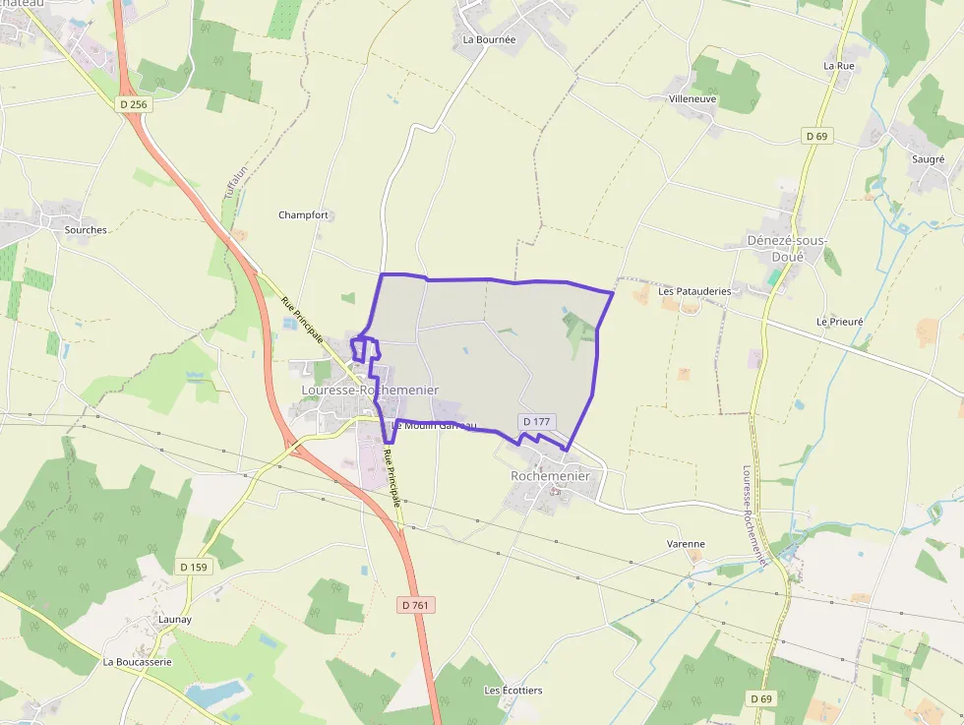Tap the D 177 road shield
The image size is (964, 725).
pyautogui.click(x=537, y=421)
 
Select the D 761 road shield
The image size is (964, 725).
pyautogui.click(x=417, y=605)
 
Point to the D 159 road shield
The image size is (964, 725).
pyautogui.click(x=195, y=567)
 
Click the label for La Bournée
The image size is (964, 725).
pyautogui.click(x=489, y=40)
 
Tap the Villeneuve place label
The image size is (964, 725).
pyautogui.click(x=693, y=99)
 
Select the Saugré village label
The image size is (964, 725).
pyautogui.click(x=928, y=158)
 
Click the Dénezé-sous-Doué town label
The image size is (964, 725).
pyautogui.click(x=787, y=248)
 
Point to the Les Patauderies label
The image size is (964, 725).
pyautogui.click(x=694, y=291)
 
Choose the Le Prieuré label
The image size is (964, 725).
pyautogui.click(x=839, y=322)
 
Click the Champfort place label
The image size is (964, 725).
pyautogui.click(x=303, y=214)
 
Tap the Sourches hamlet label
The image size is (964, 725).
pyautogui.click(x=86, y=229)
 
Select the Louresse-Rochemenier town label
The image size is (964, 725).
pyautogui.click(x=369, y=391)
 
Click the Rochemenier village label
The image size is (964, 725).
pyautogui.click(x=550, y=476)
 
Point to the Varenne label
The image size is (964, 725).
pyautogui.click(x=686, y=543)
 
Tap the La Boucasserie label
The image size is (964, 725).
pyautogui.click(x=138, y=662)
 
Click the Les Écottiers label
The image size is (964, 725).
pyautogui.click(x=512, y=691)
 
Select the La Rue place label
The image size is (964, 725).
pyautogui.click(x=839, y=66)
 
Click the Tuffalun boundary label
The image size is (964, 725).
pyautogui.click(x=232, y=180)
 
